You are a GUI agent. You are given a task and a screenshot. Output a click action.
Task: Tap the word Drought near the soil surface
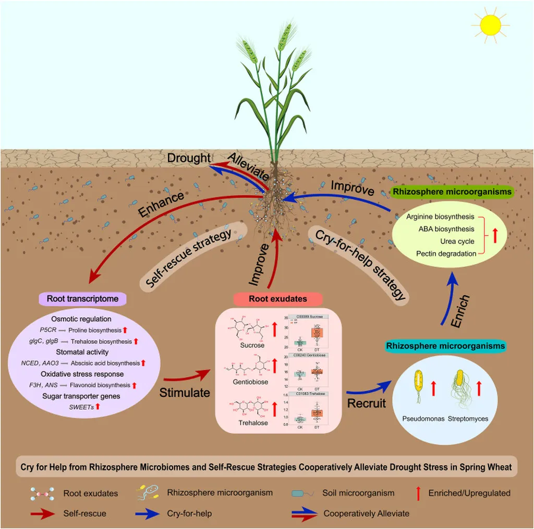189,158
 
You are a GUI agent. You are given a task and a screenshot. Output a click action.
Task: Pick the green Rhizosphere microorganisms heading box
452,192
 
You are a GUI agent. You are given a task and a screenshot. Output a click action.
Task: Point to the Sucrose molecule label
241,345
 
